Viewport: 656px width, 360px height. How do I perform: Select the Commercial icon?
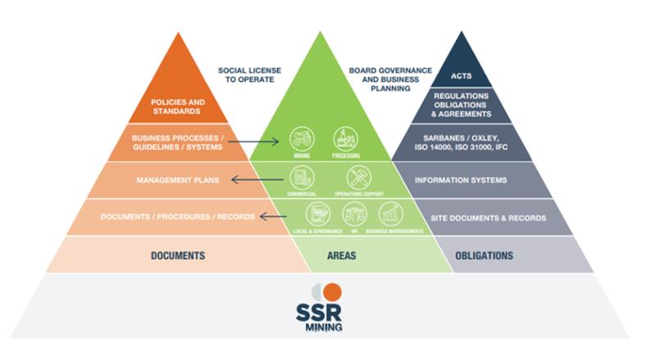pyautogui.click(x=301, y=176)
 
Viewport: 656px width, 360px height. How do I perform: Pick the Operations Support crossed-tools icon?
pyautogui.click(x=358, y=176)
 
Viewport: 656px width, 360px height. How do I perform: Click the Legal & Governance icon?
pyautogui.click(x=317, y=213)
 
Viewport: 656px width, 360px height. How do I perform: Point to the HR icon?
pyautogui.click(x=353, y=213)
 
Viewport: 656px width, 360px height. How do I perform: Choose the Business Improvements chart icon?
pyautogui.click(x=390, y=213)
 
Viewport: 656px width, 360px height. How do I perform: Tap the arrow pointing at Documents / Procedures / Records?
pyautogui.click(x=273, y=216)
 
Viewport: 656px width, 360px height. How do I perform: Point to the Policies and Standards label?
pyautogui.click(x=178, y=107)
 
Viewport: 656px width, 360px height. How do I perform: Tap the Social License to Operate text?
pyautogui.click(x=248, y=76)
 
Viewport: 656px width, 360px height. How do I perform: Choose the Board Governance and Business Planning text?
pyautogui.click(x=390, y=79)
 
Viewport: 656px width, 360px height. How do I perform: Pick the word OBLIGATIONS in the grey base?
pyautogui.click(x=484, y=256)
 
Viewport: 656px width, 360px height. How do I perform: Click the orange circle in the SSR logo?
pyautogui.click(x=332, y=292)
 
